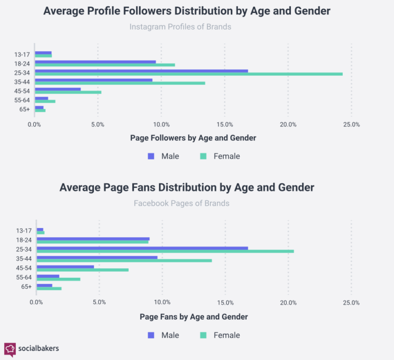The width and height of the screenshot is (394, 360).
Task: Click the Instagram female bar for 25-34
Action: [188, 74]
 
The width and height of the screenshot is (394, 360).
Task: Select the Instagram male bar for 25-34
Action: [141, 71]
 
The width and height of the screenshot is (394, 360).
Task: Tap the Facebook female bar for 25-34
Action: [165, 251]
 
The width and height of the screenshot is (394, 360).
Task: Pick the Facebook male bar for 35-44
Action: [97, 257]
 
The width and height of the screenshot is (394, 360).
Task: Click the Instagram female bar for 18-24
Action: [105, 65]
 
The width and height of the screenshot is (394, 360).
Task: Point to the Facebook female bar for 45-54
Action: [83, 270]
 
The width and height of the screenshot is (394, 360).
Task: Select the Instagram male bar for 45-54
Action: [57, 89]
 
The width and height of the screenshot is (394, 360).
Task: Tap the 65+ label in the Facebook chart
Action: [26, 287]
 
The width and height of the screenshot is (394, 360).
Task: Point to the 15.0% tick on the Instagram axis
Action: [225, 124]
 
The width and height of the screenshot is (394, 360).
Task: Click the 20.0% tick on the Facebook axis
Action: [288, 302]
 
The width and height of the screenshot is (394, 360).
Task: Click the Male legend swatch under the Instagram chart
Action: [151, 156]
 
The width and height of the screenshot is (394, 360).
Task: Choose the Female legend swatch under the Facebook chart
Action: [203, 335]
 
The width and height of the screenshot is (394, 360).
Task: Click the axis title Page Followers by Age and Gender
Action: [193, 138]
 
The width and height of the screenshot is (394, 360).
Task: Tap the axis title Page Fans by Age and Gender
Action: [193, 317]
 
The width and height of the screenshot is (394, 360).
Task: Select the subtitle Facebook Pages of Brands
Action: [182, 203]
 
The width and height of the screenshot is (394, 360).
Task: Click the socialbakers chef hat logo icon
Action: [10, 349]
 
